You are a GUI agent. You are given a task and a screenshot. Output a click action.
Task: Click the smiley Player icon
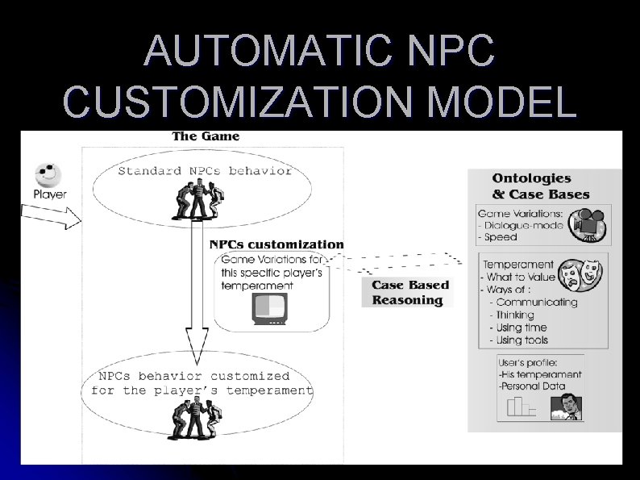[48, 174]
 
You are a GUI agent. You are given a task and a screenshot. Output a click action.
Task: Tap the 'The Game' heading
[206, 136]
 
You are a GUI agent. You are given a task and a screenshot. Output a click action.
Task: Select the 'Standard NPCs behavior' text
[205, 170]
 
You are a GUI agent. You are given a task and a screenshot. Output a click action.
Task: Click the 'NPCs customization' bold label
[276, 244]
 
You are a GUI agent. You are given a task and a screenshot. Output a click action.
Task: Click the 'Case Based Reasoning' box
[410, 292]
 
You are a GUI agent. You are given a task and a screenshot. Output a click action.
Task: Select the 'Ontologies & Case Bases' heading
[541, 186]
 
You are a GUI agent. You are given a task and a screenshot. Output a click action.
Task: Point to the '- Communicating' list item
[534, 303]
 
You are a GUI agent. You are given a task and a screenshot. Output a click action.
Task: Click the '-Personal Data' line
[531, 386]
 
